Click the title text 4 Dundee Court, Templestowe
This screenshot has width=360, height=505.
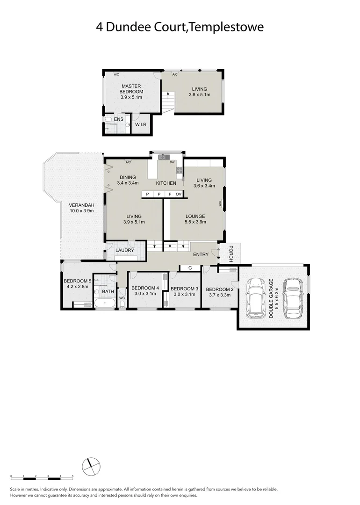click(x=180, y=27)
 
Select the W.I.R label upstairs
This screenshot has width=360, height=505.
click(x=141, y=125)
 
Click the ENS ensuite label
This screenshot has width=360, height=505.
click(x=118, y=120)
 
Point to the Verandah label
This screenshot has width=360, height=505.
click(x=82, y=208)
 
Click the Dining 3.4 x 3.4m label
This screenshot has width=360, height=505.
click(x=127, y=180)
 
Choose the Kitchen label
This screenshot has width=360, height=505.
click(x=166, y=183)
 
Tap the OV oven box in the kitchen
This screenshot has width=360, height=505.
click(x=179, y=194)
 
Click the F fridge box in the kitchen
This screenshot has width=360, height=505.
click(x=170, y=194)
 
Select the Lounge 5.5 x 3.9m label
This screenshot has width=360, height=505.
click(x=195, y=219)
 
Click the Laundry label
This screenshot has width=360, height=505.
click(x=125, y=250)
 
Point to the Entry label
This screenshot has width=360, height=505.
click(x=201, y=254)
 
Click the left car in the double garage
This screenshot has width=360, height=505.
click(x=255, y=298)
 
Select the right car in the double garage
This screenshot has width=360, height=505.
click(x=291, y=298)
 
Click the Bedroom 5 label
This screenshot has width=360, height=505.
click(x=77, y=284)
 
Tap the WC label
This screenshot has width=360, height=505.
click(x=122, y=297)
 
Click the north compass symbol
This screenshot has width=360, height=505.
click(x=91, y=465)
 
